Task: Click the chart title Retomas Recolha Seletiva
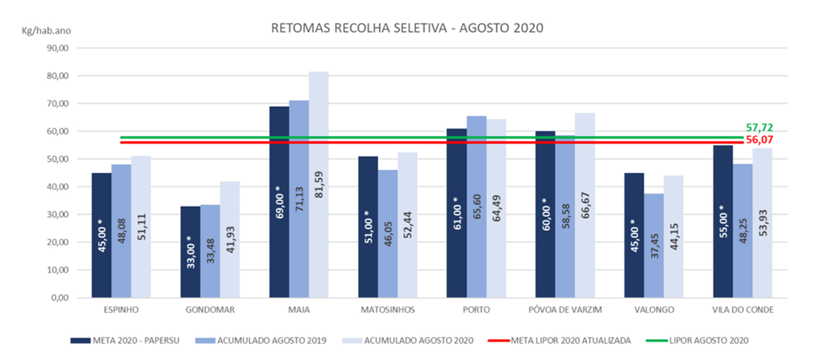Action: click(406, 28)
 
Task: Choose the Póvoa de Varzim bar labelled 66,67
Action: click(584, 205)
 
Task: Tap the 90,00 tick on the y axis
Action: click(57, 49)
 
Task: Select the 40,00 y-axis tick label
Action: click(57, 187)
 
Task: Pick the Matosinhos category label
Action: click(388, 310)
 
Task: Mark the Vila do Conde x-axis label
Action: click(742, 310)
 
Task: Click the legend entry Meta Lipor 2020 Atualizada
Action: click(564, 340)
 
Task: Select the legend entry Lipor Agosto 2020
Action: click(706, 340)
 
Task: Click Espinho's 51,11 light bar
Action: click(141, 227)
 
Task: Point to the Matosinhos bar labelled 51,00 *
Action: click(368, 227)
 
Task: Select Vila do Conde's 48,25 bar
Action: click(742, 231)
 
